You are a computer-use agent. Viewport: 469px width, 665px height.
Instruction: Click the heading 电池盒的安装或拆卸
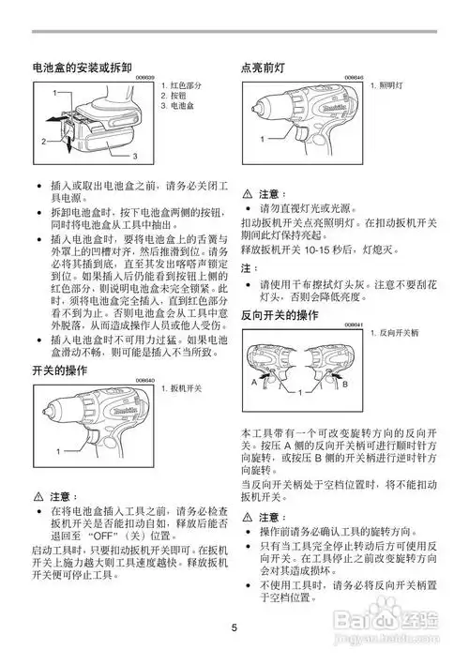pyautogui.click(x=84, y=69)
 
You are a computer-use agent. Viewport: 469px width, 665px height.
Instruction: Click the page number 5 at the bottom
pyautogui.click(x=234, y=627)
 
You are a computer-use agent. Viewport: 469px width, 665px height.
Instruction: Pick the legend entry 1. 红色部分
pyautogui.click(x=182, y=86)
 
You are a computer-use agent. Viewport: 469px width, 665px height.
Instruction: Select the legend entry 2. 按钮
pyautogui.click(x=175, y=97)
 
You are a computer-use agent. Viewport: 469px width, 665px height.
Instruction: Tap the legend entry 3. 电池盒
pyautogui.click(x=178, y=107)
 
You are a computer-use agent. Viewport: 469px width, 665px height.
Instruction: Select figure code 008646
pyautogui.click(x=354, y=78)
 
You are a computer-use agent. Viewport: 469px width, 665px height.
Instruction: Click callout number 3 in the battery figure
pyautogui.click(x=134, y=155)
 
